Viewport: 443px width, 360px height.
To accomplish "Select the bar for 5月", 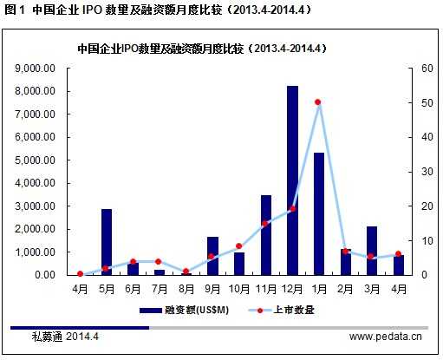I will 107,242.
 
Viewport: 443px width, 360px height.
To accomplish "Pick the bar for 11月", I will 266,235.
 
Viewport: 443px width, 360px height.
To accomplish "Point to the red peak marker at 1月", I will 318,102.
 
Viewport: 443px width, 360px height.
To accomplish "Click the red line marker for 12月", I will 292,209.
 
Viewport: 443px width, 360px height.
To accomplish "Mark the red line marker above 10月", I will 239,246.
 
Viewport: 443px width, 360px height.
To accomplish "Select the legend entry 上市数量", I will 280,309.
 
